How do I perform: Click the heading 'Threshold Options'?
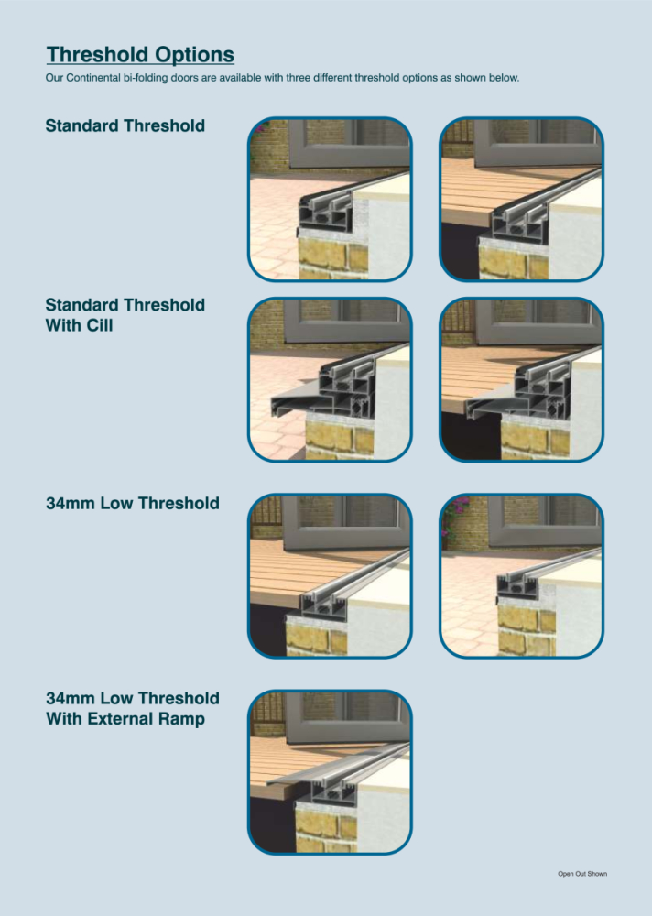point(140,54)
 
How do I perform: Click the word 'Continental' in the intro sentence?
point(92,78)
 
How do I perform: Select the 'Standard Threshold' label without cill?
point(125,125)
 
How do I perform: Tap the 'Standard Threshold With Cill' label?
point(125,315)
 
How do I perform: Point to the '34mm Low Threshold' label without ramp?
point(133,503)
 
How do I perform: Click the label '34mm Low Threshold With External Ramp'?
point(133,708)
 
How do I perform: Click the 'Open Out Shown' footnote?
point(581,874)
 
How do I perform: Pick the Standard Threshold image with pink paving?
point(330,199)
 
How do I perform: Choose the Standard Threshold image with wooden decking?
point(521,199)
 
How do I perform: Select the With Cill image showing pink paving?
point(330,380)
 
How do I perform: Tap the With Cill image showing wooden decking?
point(521,380)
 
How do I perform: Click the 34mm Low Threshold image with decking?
point(330,576)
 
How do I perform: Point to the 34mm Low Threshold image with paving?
point(521,576)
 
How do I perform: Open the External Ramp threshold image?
point(330,772)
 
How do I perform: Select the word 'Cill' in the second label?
point(100,325)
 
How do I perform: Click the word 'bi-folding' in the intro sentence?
point(145,78)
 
